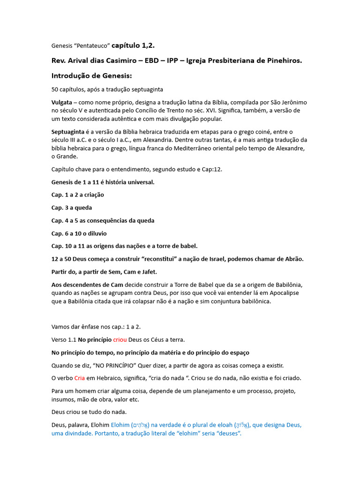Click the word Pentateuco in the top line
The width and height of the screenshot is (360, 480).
pos(92,45)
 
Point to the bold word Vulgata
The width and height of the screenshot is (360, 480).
pos(61,102)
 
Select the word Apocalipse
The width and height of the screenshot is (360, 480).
pos(282,293)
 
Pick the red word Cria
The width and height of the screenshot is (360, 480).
pos(79,378)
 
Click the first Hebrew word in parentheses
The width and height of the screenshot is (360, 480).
pos(140,425)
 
